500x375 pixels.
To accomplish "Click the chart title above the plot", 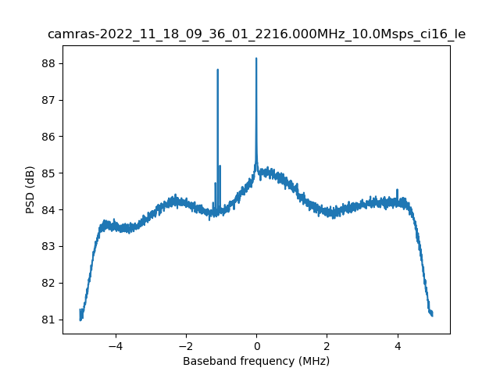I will [256, 34].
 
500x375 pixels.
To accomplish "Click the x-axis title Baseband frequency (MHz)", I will [256, 361].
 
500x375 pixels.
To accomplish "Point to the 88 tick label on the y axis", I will [52, 63].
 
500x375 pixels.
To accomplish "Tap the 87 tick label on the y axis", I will [52, 100].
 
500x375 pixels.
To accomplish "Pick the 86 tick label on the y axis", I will [52, 137].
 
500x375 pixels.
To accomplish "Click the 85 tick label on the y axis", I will [52, 173].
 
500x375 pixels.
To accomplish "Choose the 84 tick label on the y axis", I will [52, 209].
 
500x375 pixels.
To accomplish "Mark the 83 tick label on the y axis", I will [52, 246].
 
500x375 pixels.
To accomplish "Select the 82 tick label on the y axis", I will [52, 283].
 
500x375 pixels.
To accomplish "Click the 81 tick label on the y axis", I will [52, 320].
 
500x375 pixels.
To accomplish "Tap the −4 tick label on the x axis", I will [115, 345].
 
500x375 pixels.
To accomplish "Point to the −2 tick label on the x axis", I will [185, 345].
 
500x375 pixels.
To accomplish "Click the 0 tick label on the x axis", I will [256, 345].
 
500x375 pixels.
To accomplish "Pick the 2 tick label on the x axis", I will [327, 345].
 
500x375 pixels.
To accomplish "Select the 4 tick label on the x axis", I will [398, 345].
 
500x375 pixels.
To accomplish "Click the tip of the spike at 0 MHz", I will [256, 59].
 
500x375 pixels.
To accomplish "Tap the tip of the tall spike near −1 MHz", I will [217, 70].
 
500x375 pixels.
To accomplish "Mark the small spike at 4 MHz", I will [398, 190].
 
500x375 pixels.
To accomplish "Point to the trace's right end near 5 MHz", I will [432, 315].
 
